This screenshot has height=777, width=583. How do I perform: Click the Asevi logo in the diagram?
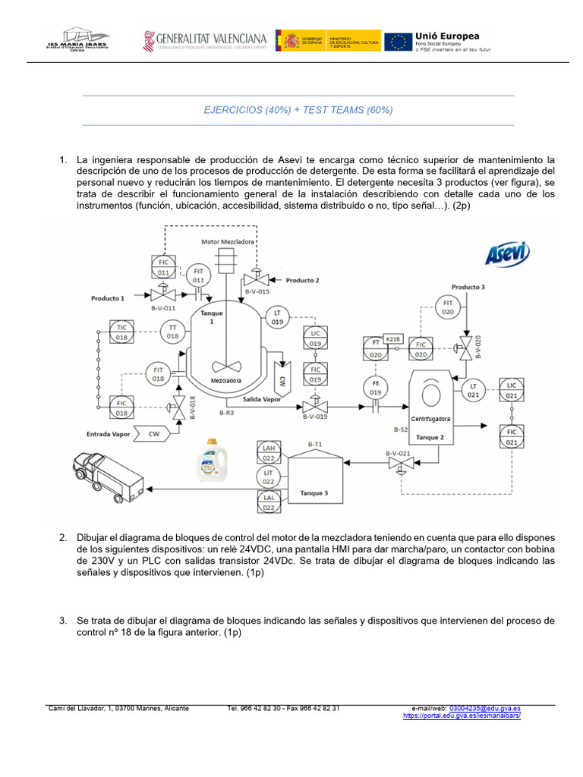(x=507, y=254)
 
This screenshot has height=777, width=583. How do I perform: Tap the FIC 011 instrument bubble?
(x=163, y=266)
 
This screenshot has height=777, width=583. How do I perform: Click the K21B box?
(x=392, y=338)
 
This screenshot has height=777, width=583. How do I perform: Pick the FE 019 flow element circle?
(x=375, y=388)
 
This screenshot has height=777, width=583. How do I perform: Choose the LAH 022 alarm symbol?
(x=268, y=453)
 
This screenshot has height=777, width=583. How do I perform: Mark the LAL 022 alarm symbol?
(x=268, y=502)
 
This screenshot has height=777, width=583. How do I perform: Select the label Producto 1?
(x=108, y=298)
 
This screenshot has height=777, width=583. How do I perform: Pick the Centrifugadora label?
(x=430, y=418)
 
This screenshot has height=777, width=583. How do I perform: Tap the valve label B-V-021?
(x=398, y=454)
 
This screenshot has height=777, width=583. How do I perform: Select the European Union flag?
(x=398, y=41)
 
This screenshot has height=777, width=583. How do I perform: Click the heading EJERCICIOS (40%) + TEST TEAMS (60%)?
(x=298, y=110)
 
